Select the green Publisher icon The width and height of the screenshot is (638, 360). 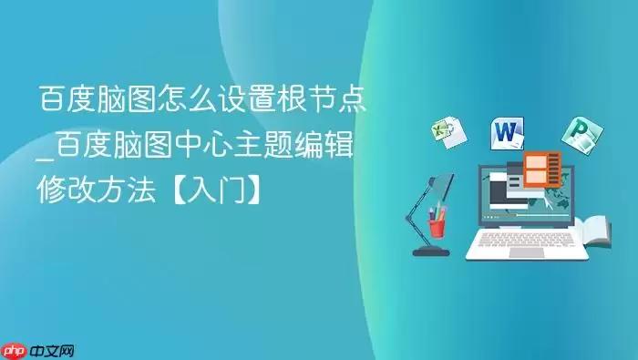pos(577,134)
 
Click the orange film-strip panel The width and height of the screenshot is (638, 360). pos(540,169)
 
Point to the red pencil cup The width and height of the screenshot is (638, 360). pos(438,222)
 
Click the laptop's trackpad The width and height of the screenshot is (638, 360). pos(528,251)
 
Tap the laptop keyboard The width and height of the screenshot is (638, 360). pos(528,238)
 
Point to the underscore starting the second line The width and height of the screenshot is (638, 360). pos(44,157)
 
